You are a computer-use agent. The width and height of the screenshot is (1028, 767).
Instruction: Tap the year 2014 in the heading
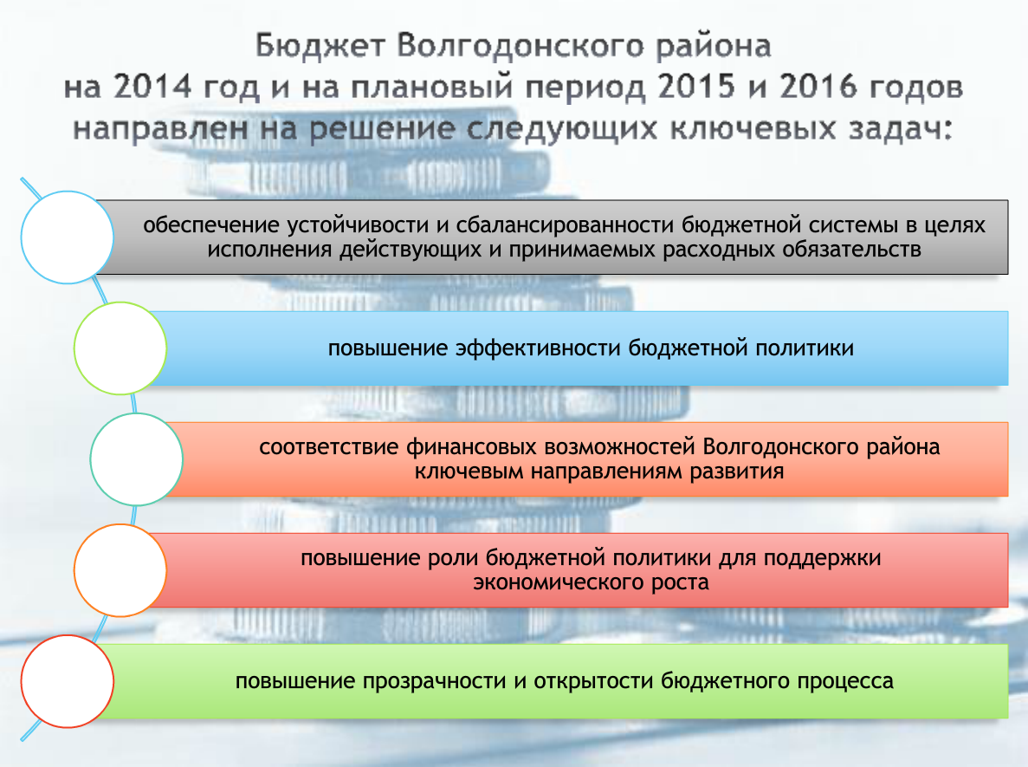click(x=152, y=87)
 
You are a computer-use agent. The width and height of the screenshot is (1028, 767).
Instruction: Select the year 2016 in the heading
click(x=818, y=87)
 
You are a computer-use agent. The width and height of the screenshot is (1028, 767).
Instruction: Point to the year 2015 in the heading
click(x=696, y=87)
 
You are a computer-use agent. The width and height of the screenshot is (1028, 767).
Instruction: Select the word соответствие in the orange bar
click(x=329, y=447)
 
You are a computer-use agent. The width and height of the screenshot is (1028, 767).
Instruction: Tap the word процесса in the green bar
click(x=845, y=681)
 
